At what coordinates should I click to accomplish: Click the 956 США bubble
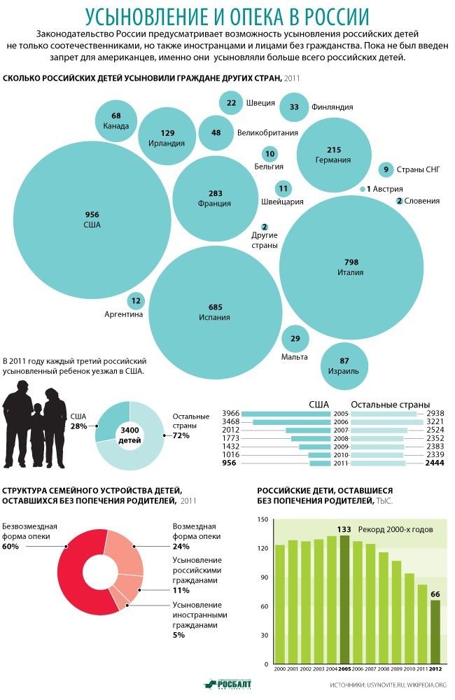click(x=92, y=219)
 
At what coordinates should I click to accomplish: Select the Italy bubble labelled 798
click(x=351, y=267)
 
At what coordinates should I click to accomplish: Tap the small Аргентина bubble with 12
click(x=136, y=301)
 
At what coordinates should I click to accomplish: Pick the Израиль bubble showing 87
click(x=344, y=365)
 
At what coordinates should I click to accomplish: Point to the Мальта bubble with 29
click(x=295, y=339)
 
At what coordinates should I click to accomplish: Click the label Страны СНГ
click(x=419, y=169)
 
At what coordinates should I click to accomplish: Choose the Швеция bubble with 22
click(x=231, y=103)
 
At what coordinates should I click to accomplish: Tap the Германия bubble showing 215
click(x=334, y=155)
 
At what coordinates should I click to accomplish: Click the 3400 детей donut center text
click(x=129, y=435)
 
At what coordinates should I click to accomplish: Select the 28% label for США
click(x=78, y=426)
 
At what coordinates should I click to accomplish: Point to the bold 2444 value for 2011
click(x=435, y=463)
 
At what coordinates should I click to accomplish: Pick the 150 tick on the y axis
click(x=263, y=519)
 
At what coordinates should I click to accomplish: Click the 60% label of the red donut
click(x=10, y=546)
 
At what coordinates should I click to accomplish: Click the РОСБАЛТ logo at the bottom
click(x=227, y=684)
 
